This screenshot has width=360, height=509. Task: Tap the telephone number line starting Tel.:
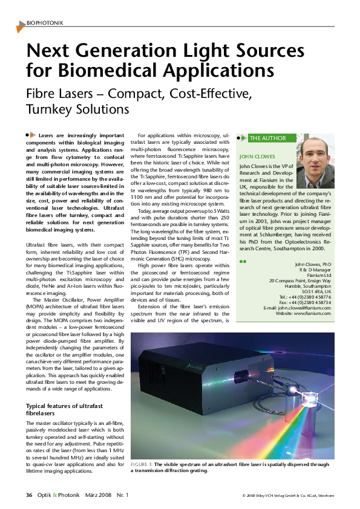306,296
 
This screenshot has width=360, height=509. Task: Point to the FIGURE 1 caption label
141,464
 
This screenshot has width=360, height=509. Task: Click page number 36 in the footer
28,495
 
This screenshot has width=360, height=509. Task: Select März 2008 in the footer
97,495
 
